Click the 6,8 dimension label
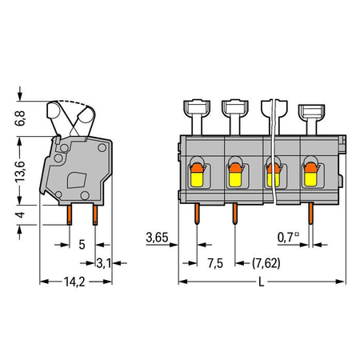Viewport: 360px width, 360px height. coord(20,118)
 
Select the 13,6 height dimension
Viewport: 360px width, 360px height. coord(20,171)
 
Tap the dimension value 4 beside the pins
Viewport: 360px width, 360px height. coord(21,214)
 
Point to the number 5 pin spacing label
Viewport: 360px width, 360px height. coord(82,245)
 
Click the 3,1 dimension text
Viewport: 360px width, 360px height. coord(103,263)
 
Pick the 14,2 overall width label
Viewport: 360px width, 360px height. coord(74,282)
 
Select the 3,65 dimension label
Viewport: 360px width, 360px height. coord(157,238)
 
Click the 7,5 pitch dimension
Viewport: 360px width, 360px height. coord(215,263)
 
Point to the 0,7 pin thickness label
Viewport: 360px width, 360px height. coord(288,238)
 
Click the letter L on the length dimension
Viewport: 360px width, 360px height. coord(262,282)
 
